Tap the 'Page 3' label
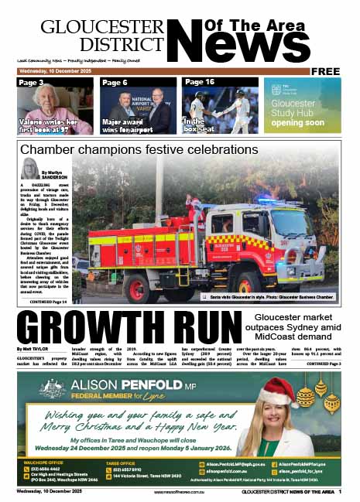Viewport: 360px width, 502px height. click(x=31, y=82)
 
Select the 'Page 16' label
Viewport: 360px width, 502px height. click(x=200, y=82)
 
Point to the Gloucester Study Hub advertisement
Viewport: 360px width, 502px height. click(x=303, y=106)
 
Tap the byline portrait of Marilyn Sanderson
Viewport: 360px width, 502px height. click(x=31, y=168)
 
